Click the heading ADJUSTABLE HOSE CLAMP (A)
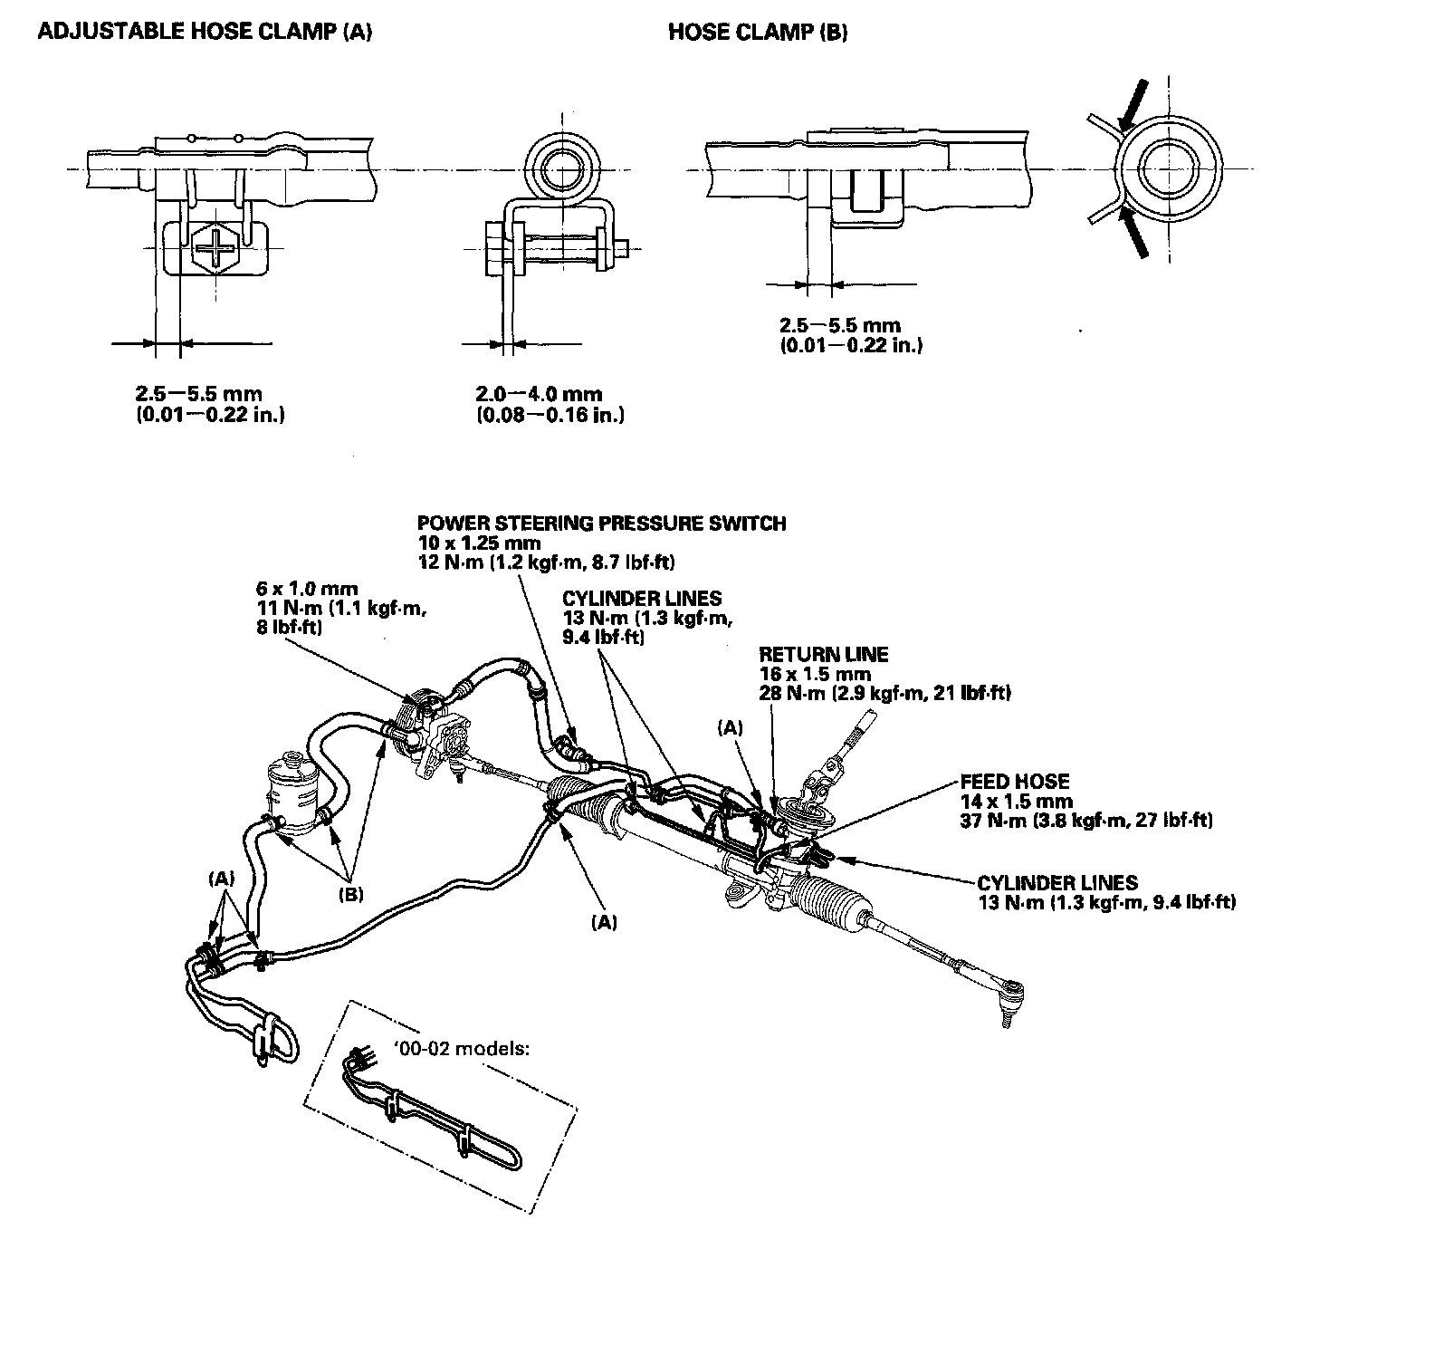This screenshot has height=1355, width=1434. (205, 33)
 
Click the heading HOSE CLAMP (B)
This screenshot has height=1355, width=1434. (758, 33)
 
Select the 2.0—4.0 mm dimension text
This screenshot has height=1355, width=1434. (539, 394)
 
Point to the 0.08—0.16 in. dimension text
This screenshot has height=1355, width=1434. (550, 415)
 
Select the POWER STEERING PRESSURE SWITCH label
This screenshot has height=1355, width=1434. (601, 524)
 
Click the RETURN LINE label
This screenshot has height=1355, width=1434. (823, 654)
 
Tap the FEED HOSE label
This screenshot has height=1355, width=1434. (1015, 781)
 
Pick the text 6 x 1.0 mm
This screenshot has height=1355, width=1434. (307, 589)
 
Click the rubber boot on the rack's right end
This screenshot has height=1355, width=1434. (833, 901)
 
